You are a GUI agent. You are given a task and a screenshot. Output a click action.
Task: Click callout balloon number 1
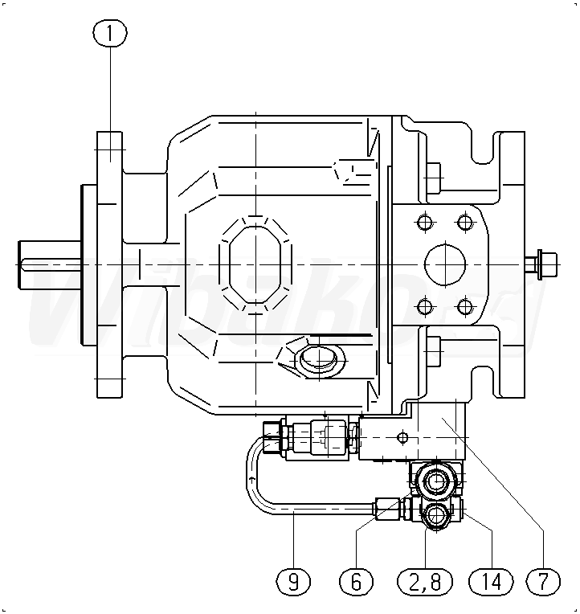coord(110,33)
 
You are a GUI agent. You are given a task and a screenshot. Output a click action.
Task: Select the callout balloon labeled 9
coord(293,580)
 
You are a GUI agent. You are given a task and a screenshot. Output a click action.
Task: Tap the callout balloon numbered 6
coord(357,580)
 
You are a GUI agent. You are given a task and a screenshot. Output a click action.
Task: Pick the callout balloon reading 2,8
coord(426,580)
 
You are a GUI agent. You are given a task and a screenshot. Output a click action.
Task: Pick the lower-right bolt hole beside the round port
coord(464,305)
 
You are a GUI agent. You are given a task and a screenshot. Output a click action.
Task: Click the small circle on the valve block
coord(404,438)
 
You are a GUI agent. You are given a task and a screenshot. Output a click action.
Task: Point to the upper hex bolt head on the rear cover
coord(434,174)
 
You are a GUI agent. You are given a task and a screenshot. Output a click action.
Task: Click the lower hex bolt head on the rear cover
coord(434,347)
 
